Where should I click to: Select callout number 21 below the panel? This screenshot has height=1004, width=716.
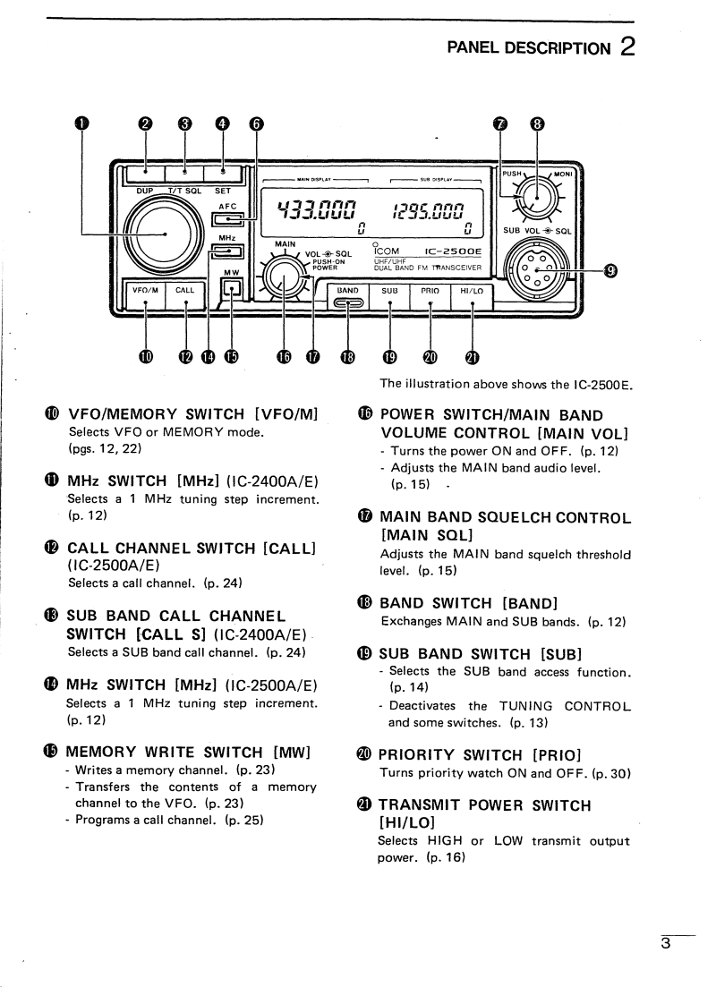point(472,358)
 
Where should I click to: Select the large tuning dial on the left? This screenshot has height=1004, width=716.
point(166,234)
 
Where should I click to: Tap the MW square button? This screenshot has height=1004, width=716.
point(232,288)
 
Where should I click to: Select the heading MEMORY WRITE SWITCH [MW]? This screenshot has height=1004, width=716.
point(189,753)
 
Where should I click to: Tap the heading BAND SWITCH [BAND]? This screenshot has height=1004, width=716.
point(448,604)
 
